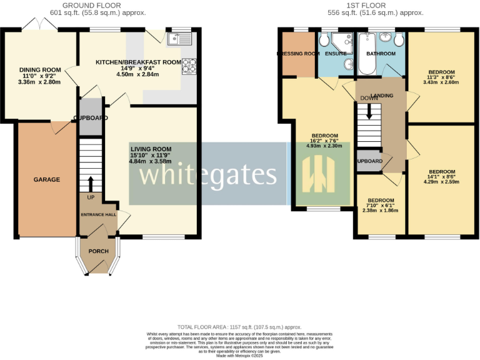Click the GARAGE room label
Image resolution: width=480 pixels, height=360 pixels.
pyautogui.click(x=46, y=180)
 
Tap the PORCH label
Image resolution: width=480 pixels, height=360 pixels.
pyautogui.click(x=99, y=251)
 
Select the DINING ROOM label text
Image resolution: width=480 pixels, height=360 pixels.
pyautogui.click(x=39, y=70)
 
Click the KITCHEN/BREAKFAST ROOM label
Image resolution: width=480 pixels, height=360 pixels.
pyautogui.click(x=138, y=62)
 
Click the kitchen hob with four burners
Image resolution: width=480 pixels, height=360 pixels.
pyautogui.click(x=188, y=66)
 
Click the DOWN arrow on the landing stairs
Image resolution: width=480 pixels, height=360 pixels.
pyautogui.click(x=369, y=111)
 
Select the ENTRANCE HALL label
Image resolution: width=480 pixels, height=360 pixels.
pyautogui.click(x=98, y=214)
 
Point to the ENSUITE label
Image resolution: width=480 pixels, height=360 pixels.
pyautogui.click(x=335, y=54)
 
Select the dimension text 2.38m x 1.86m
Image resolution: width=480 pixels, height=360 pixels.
pyautogui.click(x=380, y=211)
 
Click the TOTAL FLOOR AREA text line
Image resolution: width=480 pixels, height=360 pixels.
pyautogui.click(x=239, y=327)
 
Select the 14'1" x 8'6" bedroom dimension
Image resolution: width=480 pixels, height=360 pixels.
pyautogui.click(x=441, y=176)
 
